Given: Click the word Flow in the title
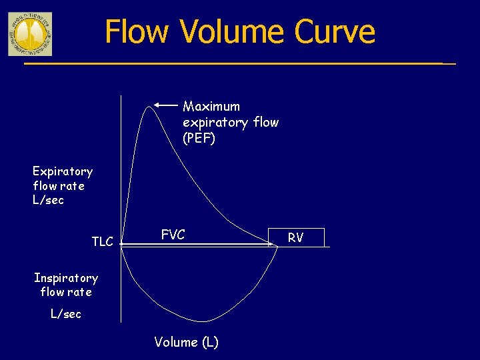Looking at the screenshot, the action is (x=137, y=31).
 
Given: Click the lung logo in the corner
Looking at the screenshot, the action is (x=29, y=33).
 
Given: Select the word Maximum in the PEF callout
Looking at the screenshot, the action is (x=211, y=107).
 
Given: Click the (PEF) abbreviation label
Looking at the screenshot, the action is (x=199, y=139).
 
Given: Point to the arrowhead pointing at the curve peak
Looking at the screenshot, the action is (x=157, y=105).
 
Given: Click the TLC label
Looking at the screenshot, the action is (x=102, y=241).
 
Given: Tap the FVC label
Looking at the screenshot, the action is (x=173, y=235).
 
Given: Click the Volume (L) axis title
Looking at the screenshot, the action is (x=186, y=342).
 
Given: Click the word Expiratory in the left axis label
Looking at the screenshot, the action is (x=63, y=171).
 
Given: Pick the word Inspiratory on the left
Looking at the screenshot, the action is (x=65, y=278).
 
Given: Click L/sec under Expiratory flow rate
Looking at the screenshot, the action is (x=48, y=200).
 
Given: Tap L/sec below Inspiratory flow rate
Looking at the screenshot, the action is (x=66, y=313).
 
